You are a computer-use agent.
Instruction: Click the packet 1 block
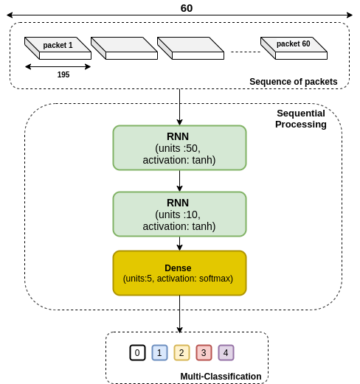pos(58,48)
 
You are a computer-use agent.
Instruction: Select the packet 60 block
pos(294,48)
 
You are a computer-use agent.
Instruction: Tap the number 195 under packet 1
pos(63,74)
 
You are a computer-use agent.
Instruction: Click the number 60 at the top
pos(187,8)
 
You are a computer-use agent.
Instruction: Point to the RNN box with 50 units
pos(179,147)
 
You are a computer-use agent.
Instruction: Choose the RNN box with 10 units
pos(179,214)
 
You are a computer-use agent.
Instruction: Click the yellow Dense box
pos(179,273)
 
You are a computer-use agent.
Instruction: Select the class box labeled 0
pos(137,353)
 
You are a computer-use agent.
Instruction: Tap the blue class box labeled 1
pos(159,353)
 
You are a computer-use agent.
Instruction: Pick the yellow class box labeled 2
pos(181,353)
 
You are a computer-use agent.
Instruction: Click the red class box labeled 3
pos(204,353)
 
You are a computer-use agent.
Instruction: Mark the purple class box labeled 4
pos(226,353)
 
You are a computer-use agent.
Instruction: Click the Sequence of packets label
pos(294,82)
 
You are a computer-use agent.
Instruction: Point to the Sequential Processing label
pos(301,119)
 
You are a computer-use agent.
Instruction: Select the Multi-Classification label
pos(221,377)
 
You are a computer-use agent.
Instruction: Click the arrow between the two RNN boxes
pos(179,181)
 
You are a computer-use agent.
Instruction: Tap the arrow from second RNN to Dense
pos(179,243)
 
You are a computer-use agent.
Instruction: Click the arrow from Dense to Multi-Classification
pos(179,314)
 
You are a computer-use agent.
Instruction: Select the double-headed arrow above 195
pos(58,66)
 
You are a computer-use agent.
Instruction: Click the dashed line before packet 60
pos(246,52)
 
